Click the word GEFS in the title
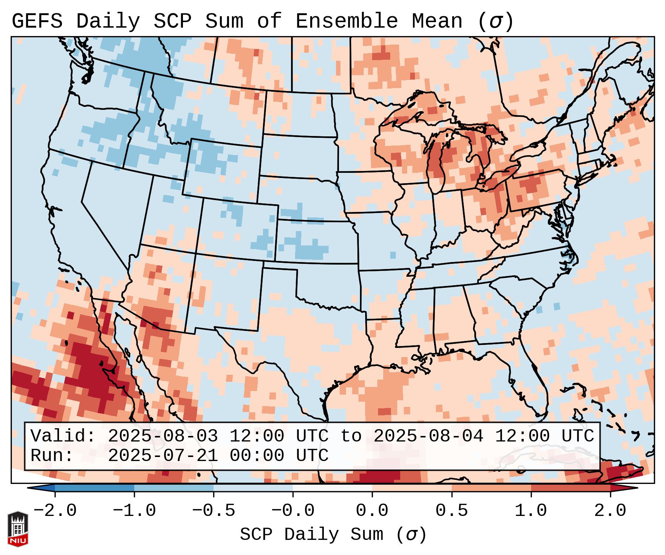click(x=37, y=21)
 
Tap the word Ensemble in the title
click(x=346, y=21)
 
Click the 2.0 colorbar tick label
click(x=610, y=510)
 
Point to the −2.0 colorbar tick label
click(x=55, y=510)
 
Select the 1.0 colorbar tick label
click(x=531, y=510)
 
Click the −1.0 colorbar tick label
click(x=134, y=510)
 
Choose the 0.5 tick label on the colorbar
click(x=451, y=510)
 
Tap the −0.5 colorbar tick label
click(x=214, y=510)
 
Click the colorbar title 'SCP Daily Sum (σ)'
click(x=333, y=534)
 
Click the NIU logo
click(x=18, y=529)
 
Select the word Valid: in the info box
click(x=63, y=436)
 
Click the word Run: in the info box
click(x=52, y=456)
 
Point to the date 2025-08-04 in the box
click(x=428, y=436)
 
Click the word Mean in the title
click(x=437, y=21)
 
